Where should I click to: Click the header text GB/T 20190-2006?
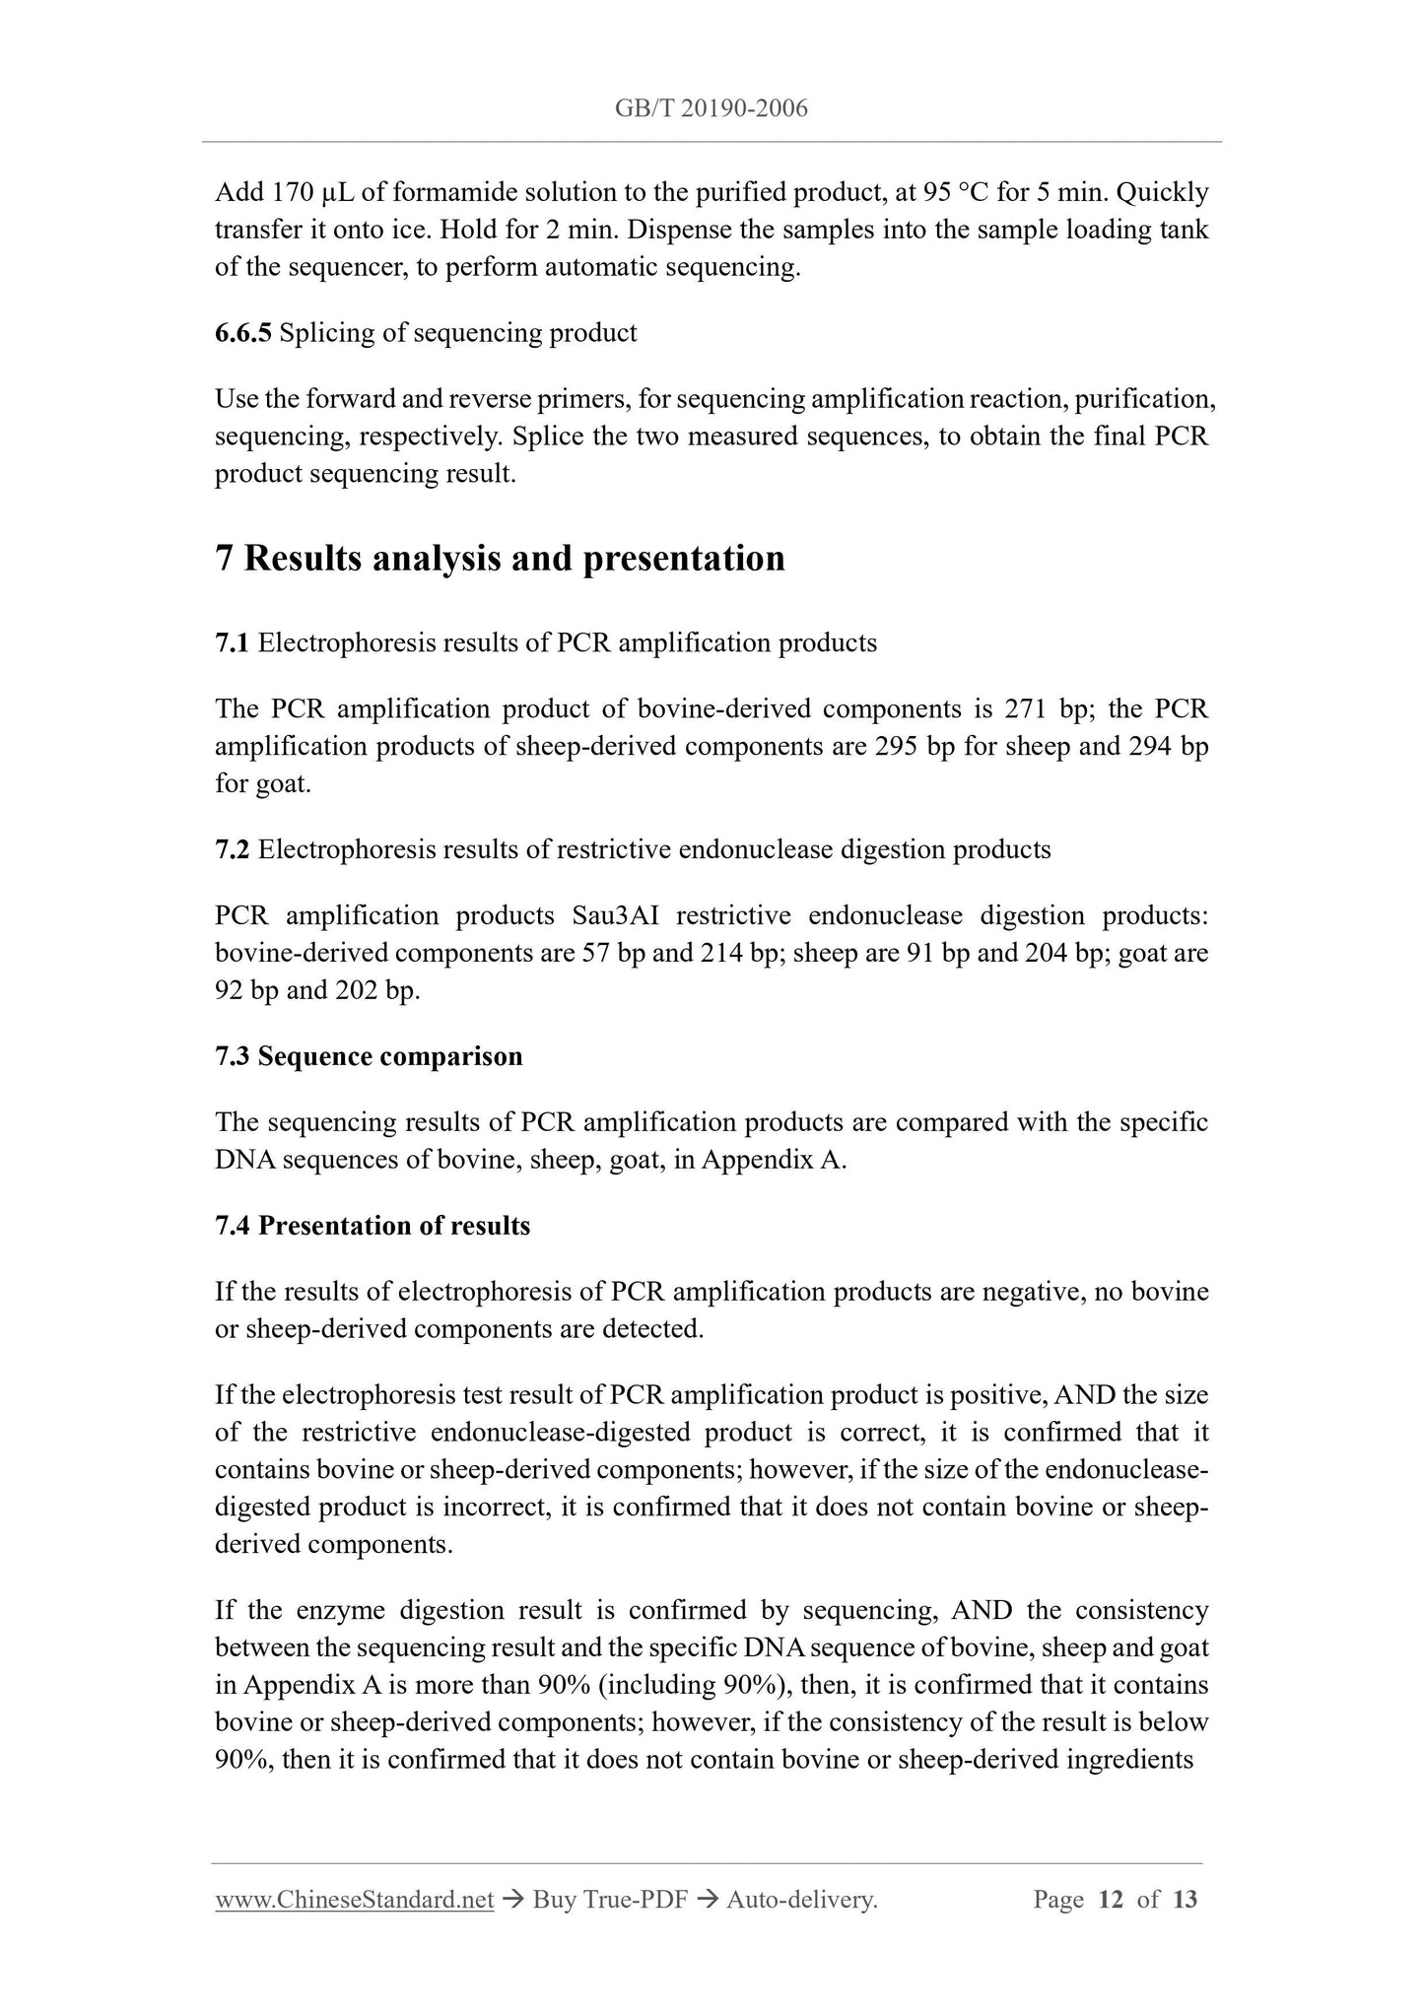point(711,108)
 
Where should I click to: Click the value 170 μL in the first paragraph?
point(292,192)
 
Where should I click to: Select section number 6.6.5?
point(242,333)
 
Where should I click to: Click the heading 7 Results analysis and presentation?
point(500,559)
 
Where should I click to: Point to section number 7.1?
point(232,643)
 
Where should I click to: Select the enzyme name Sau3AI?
point(616,916)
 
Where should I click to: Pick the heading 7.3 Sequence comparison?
point(369,1057)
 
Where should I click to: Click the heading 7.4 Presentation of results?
point(373,1226)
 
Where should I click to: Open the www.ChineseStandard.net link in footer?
point(354,1900)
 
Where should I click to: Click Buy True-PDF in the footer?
point(609,1900)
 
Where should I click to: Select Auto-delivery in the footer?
point(801,1900)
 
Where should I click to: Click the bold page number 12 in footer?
point(1111,1900)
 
